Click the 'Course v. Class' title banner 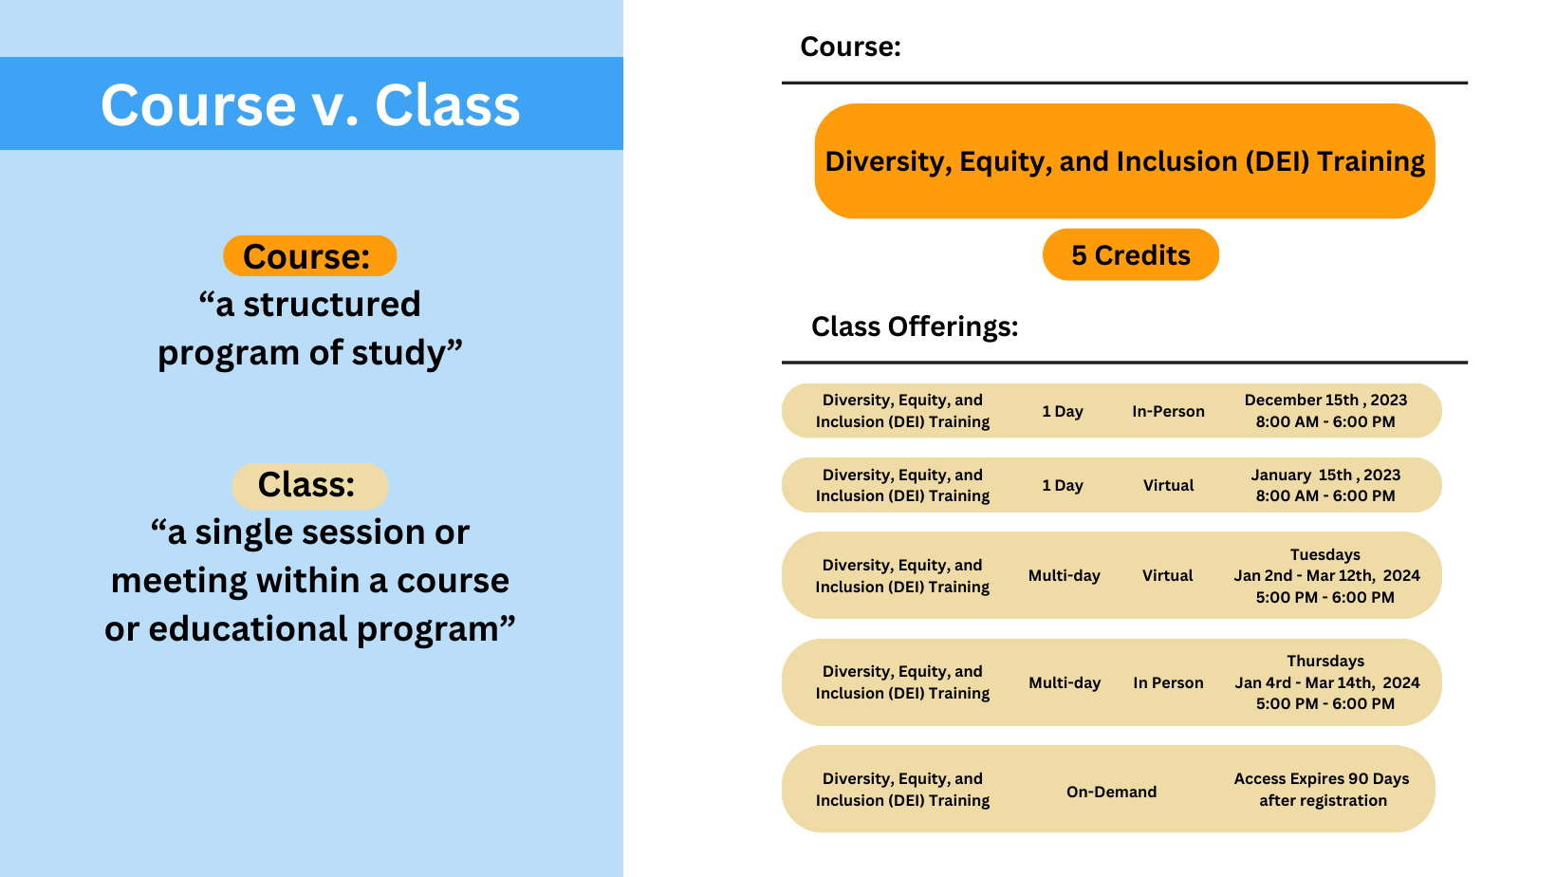310,104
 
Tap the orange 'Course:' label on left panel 309,256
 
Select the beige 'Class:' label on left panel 309,485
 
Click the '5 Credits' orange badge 1130,255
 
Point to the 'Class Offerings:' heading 915,327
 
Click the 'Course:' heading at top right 850,47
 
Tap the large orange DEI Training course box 1124,161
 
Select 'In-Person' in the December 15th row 1168,411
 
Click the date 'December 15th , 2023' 1325,400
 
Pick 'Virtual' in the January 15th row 1168,485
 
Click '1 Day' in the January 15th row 1063,485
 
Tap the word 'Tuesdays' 1324,554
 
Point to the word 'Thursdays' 1324,661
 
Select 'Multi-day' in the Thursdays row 1065,682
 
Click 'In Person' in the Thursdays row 1168,682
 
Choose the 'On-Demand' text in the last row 1111,792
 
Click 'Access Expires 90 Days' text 1321,778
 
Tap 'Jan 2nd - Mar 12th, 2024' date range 1326,575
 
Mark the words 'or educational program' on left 309,629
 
